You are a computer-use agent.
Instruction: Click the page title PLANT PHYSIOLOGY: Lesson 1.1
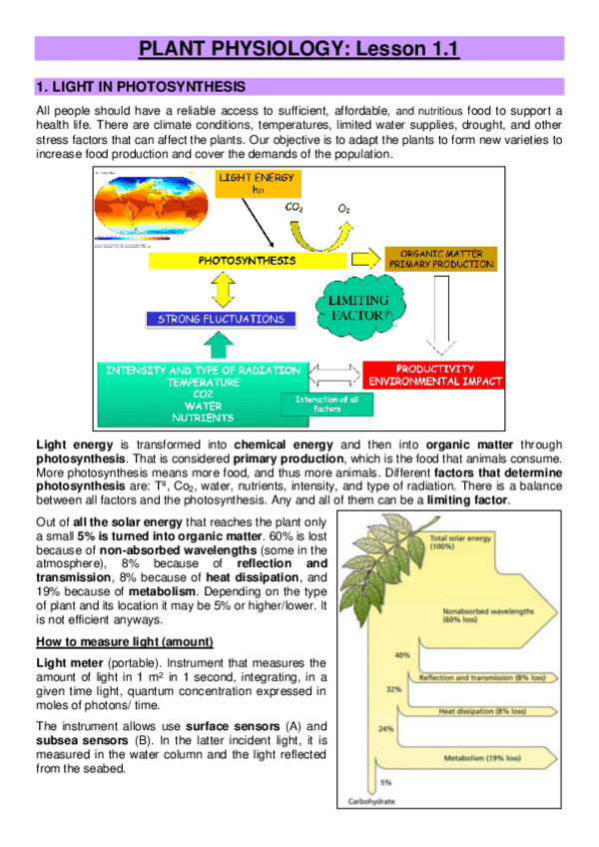[299, 49]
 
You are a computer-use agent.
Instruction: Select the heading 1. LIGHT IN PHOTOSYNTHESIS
[141, 88]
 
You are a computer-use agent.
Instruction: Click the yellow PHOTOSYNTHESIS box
[247, 261]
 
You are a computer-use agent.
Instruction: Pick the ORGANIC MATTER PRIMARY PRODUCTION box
[441, 260]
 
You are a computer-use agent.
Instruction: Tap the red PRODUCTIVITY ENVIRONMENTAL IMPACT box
[434, 375]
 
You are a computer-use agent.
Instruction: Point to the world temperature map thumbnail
[147, 206]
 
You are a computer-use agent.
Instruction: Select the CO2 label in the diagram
[294, 208]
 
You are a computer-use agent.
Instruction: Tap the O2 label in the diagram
[343, 209]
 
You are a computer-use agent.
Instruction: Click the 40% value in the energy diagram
[401, 655]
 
